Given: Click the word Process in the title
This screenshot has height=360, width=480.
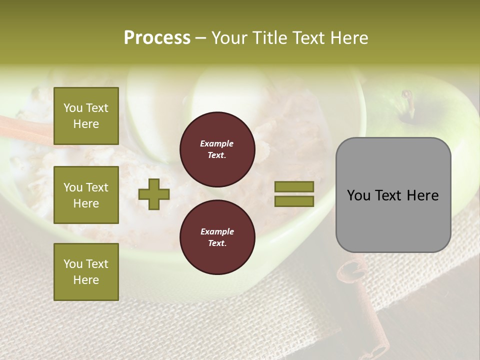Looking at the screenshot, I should pyautogui.click(x=157, y=38).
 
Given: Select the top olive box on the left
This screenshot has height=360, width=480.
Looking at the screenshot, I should pyautogui.click(x=86, y=116).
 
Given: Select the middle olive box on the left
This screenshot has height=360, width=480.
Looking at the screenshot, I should pyautogui.click(x=86, y=195).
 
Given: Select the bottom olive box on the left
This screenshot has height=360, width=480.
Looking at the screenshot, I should pyautogui.click(x=86, y=272).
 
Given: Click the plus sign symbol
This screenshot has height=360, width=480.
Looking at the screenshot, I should pyautogui.click(x=154, y=194).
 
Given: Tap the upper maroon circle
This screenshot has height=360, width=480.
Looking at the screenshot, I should pyautogui.click(x=217, y=149).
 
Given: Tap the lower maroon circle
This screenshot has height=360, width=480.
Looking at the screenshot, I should pyautogui.click(x=217, y=237).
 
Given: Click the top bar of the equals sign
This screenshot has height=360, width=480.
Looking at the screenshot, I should pyautogui.click(x=294, y=186).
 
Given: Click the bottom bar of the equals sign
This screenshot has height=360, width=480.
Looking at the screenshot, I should pyautogui.click(x=294, y=201).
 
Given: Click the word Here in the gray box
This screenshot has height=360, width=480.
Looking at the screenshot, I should pyautogui.click(x=422, y=195).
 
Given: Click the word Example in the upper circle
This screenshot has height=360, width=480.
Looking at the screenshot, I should pyautogui.click(x=217, y=144).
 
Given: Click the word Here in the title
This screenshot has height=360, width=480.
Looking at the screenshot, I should pyautogui.click(x=346, y=38).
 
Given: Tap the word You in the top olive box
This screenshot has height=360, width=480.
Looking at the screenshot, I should pyautogui.click(x=73, y=108).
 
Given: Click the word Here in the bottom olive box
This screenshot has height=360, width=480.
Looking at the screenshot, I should pyautogui.click(x=86, y=280).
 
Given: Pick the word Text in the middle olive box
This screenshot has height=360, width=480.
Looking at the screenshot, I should pyautogui.click(x=97, y=187).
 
